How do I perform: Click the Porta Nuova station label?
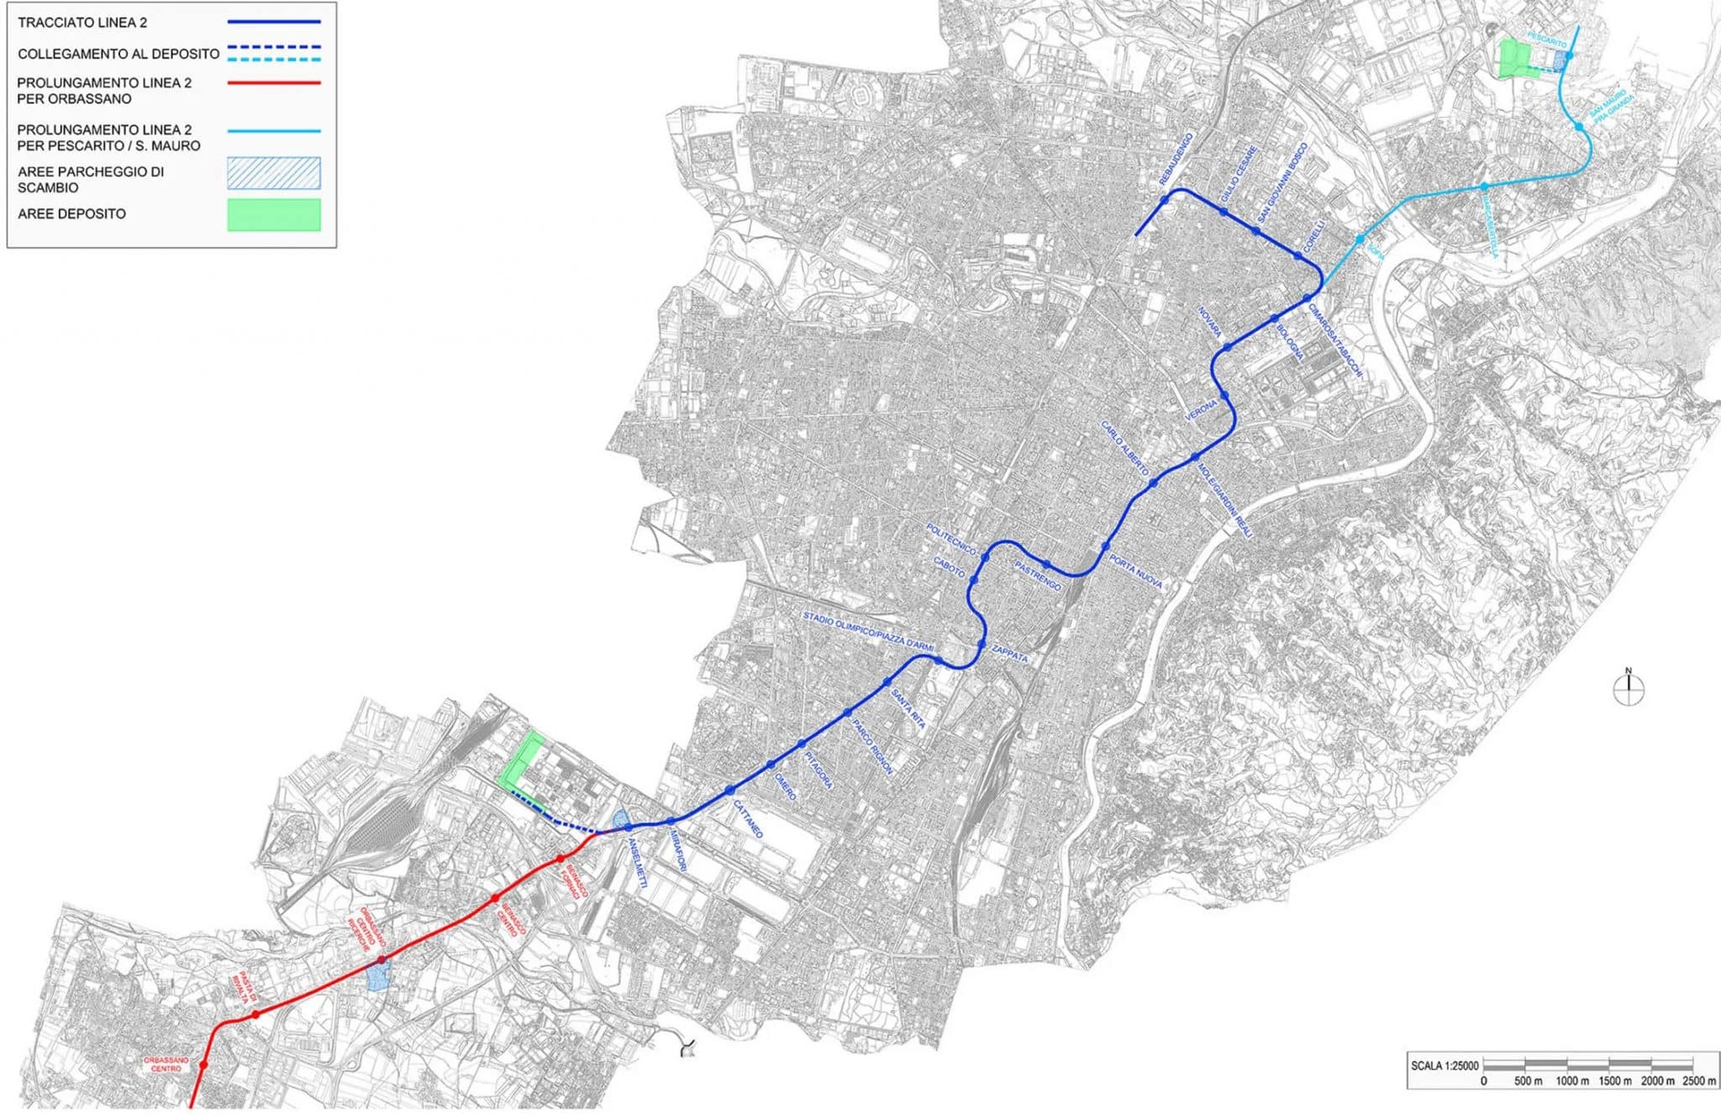click(x=1135, y=570)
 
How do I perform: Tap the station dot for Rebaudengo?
click(x=1164, y=200)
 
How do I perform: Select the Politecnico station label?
click(x=951, y=538)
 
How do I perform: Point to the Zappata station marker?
click(x=982, y=644)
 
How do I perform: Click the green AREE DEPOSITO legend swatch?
click(x=274, y=214)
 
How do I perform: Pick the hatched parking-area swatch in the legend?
click(x=274, y=173)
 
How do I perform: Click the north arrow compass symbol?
click(x=1629, y=689)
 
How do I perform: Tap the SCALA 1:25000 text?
click(x=1445, y=1066)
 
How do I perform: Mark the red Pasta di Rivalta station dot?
click(x=255, y=1015)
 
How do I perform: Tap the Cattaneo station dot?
click(x=729, y=790)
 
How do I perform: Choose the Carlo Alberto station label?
click(x=1124, y=449)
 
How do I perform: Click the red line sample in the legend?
click(x=274, y=83)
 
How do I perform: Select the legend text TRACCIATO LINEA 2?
click(x=82, y=23)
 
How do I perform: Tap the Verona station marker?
click(x=1225, y=395)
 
